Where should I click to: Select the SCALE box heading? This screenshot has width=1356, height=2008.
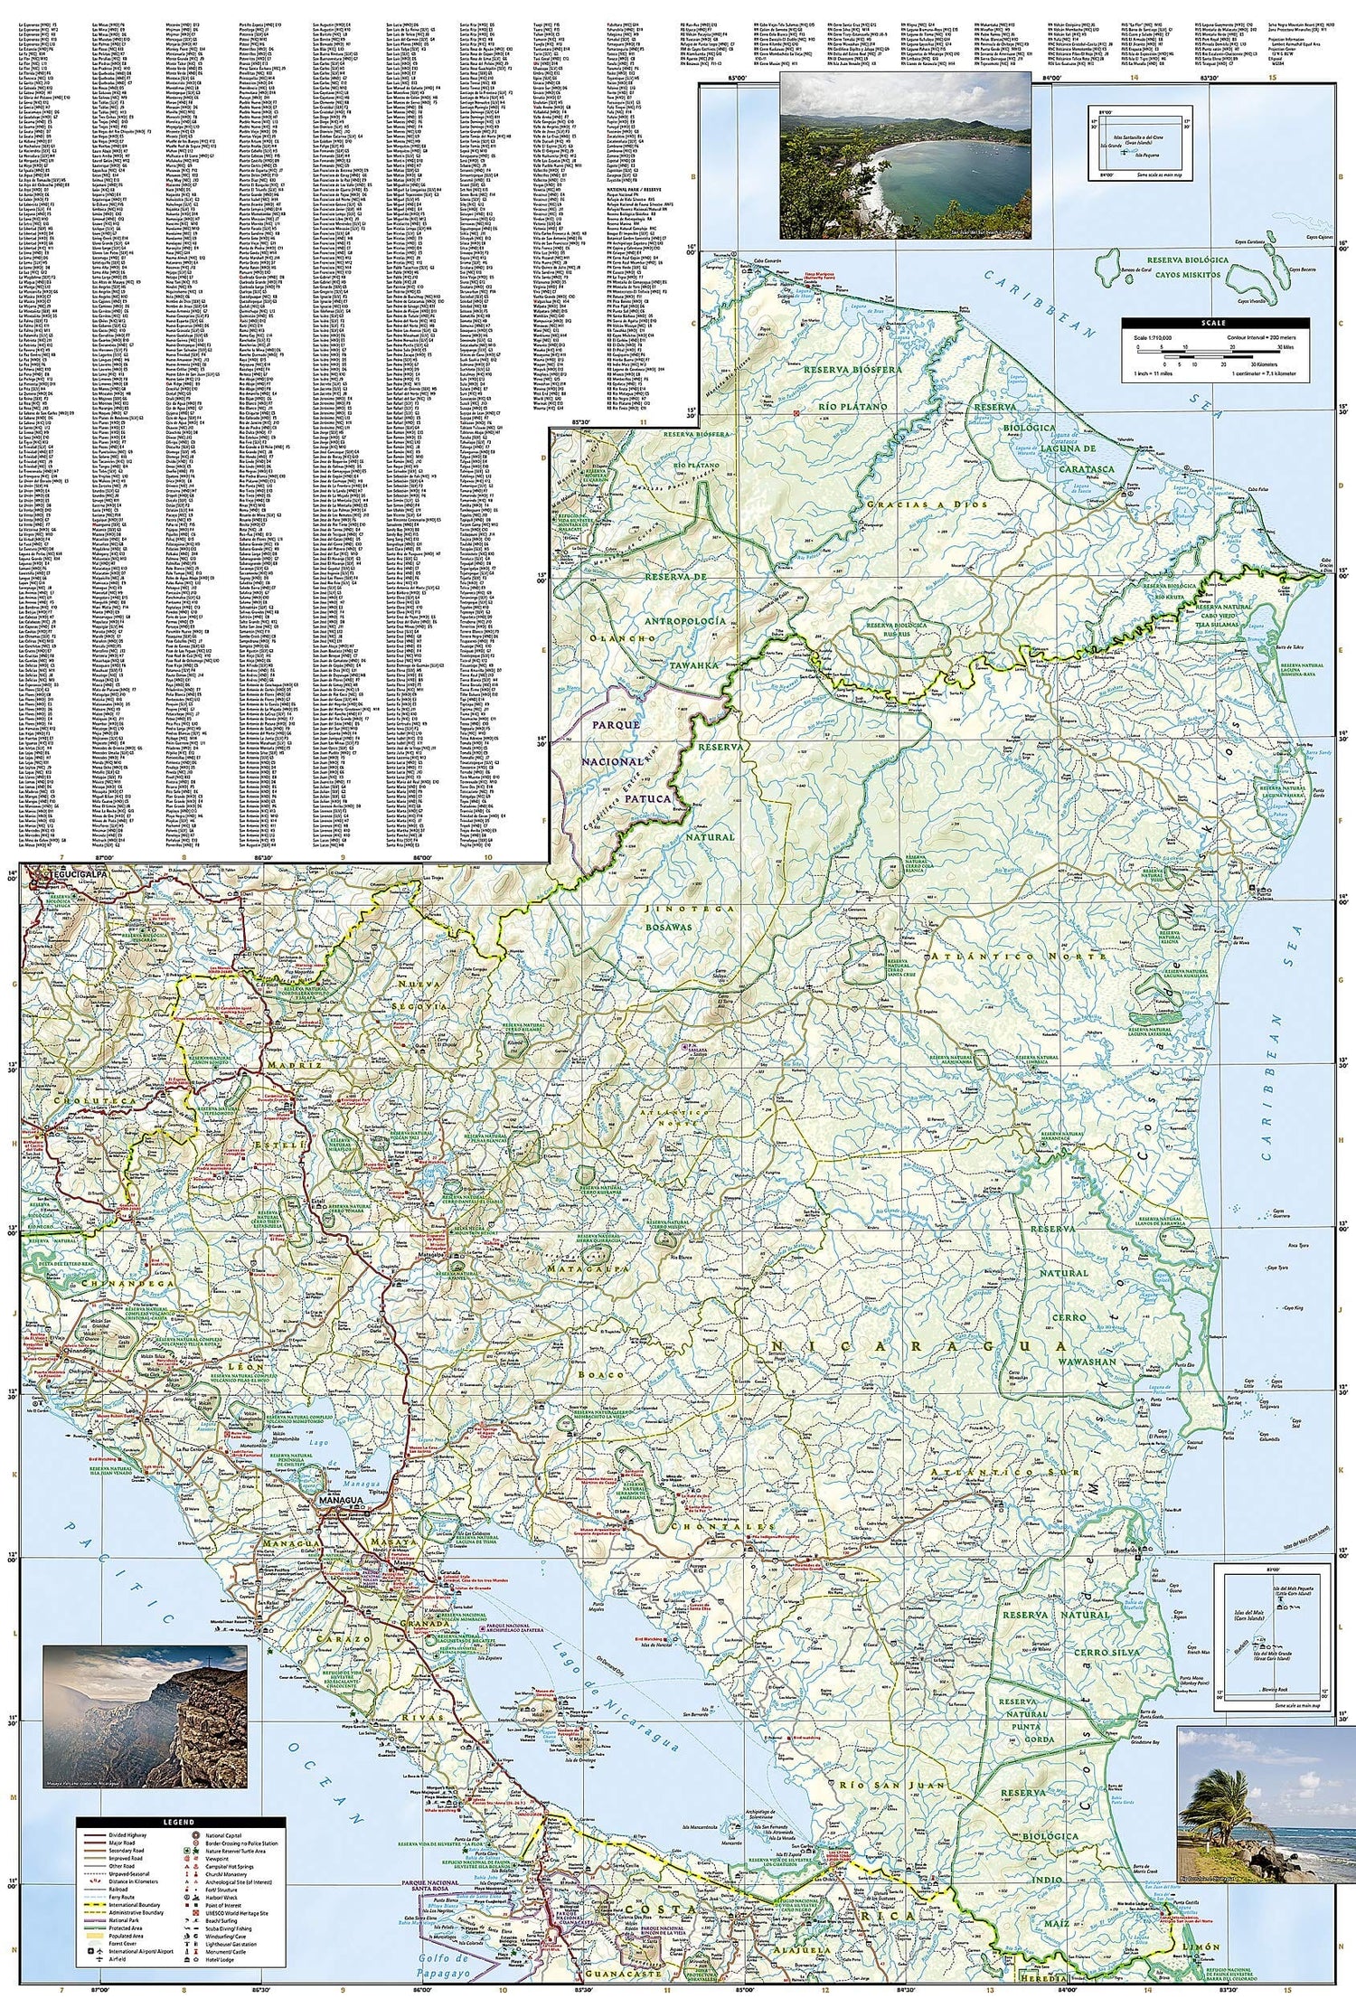1215,323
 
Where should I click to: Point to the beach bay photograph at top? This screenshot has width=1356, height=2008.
903,157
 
